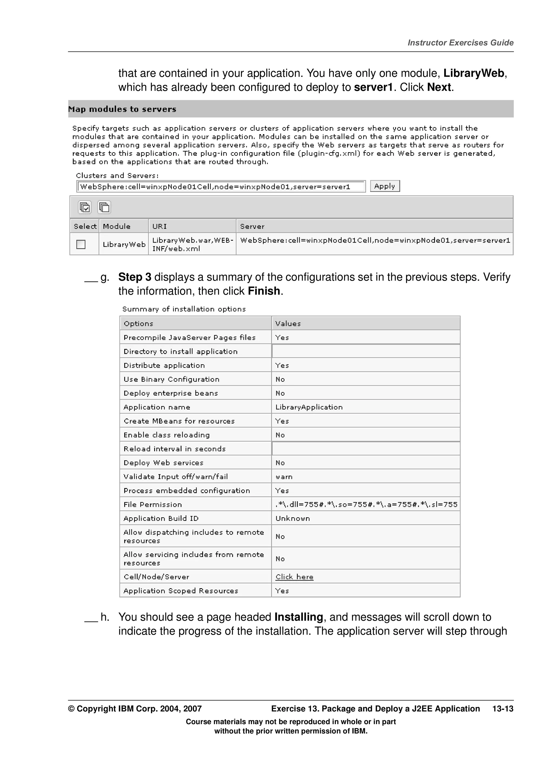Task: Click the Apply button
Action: (385, 186)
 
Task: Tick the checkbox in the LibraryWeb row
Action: (81, 244)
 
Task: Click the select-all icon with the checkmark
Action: (85, 207)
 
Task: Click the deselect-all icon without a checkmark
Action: (104, 207)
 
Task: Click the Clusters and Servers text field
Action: (221, 187)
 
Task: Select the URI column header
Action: (160, 226)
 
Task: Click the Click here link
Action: (294, 577)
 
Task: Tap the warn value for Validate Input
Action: (284, 477)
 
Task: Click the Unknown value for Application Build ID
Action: (293, 518)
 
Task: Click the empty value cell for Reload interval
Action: (366, 448)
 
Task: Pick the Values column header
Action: (288, 324)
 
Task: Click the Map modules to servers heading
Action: (122, 109)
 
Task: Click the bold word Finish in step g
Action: (264, 291)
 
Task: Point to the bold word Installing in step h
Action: (298, 617)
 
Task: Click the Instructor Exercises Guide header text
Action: (460, 43)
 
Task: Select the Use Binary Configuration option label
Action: (171, 379)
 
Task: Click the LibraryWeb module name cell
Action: (124, 244)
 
